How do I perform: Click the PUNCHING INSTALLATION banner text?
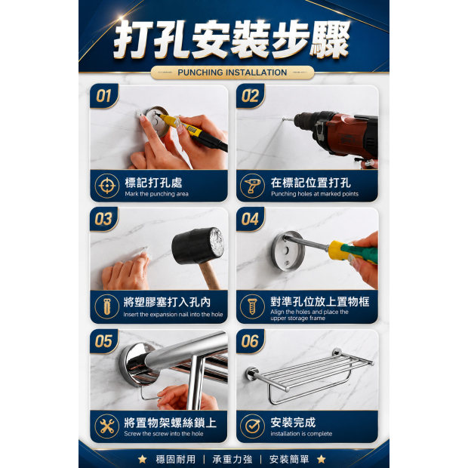pyautogui.click(x=232, y=72)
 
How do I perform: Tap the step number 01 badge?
pyautogui.click(x=104, y=96)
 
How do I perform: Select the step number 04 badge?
pyautogui.click(x=250, y=219)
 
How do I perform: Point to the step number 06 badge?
pyautogui.click(x=250, y=341)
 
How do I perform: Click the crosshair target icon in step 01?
pyautogui.click(x=107, y=186)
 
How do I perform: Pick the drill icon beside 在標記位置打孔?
pyautogui.click(x=252, y=186)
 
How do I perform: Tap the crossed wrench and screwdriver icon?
pyautogui.click(x=107, y=426)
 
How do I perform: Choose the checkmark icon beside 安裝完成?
pyautogui.click(x=252, y=426)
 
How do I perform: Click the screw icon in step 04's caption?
pyautogui.click(x=252, y=306)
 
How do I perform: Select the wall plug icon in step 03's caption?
pyautogui.click(x=107, y=306)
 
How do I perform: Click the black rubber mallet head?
pyautogui.click(x=198, y=246)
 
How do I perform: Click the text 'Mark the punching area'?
pyautogui.click(x=157, y=194)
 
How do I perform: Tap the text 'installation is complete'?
pyautogui.click(x=301, y=434)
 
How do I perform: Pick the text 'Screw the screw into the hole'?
pyautogui.click(x=164, y=434)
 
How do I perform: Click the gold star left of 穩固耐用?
pyautogui.click(x=143, y=459)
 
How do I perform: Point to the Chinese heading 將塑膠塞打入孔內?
pyautogui.click(x=167, y=303)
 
